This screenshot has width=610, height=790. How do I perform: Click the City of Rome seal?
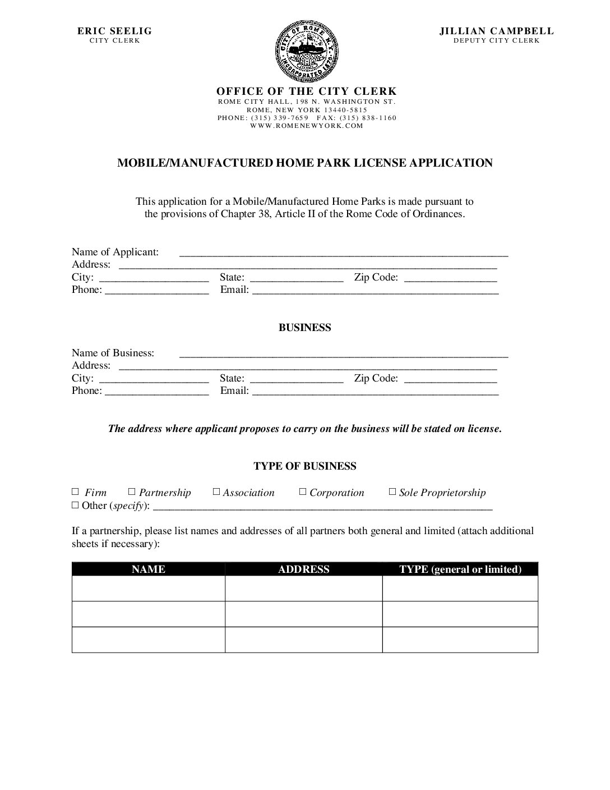(x=304, y=50)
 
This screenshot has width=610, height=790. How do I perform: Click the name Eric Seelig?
(x=114, y=31)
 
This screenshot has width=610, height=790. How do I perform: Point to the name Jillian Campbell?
(x=496, y=31)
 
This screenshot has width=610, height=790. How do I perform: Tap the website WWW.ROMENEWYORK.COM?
(x=307, y=126)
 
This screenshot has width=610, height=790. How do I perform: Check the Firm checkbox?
(x=76, y=492)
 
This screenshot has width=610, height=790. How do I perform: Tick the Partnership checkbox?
(x=132, y=492)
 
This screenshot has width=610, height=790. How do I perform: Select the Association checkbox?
(x=216, y=492)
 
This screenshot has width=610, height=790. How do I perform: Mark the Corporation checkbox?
(x=303, y=492)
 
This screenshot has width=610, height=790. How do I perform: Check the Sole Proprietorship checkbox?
(x=392, y=492)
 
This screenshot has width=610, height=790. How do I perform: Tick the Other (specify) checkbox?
(x=76, y=505)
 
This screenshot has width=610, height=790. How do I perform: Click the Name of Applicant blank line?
(x=343, y=252)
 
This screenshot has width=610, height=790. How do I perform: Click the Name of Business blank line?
(x=343, y=353)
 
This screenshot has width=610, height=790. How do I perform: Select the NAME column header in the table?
(x=149, y=569)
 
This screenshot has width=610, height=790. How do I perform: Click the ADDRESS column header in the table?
(x=304, y=569)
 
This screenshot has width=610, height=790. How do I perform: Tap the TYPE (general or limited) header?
(x=460, y=569)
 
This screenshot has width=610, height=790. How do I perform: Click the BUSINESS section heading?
(x=304, y=328)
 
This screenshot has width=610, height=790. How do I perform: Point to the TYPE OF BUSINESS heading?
(x=304, y=466)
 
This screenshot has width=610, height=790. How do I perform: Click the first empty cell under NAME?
(x=149, y=589)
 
